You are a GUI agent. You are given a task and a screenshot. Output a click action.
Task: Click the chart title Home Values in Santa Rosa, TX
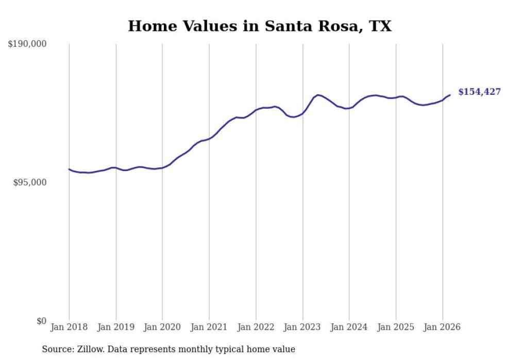click(x=260, y=26)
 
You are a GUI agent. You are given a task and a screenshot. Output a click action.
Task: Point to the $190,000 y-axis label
click(x=27, y=44)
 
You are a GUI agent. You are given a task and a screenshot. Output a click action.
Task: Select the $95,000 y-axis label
click(x=29, y=183)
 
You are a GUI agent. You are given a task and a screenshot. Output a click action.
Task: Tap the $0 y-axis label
click(x=41, y=321)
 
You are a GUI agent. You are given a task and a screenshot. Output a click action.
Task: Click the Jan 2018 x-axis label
click(x=69, y=327)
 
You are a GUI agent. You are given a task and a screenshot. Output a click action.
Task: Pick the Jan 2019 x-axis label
click(x=116, y=327)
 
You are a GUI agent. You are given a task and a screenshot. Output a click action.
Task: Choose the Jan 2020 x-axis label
click(x=162, y=327)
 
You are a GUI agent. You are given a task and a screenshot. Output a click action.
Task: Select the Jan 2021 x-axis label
click(x=209, y=327)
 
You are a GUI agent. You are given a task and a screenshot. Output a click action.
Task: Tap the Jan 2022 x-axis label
click(x=256, y=327)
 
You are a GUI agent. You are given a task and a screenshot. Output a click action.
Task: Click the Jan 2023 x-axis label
click(x=302, y=327)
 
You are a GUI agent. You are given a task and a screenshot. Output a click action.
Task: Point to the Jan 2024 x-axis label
click(x=349, y=327)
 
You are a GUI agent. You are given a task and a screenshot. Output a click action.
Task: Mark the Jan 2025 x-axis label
click(x=396, y=327)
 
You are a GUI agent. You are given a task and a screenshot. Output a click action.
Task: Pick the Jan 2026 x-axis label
click(x=443, y=327)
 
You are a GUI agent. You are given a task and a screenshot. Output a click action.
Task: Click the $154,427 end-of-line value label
click(x=479, y=92)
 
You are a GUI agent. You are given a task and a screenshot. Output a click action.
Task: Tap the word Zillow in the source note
click(x=90, y=349)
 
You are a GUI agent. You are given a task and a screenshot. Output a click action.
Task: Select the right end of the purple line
click(x=450, y=95)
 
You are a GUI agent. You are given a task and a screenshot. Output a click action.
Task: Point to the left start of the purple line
click(x=69, y=169)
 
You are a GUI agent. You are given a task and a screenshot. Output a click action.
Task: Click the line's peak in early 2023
click(x=318, y=95)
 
